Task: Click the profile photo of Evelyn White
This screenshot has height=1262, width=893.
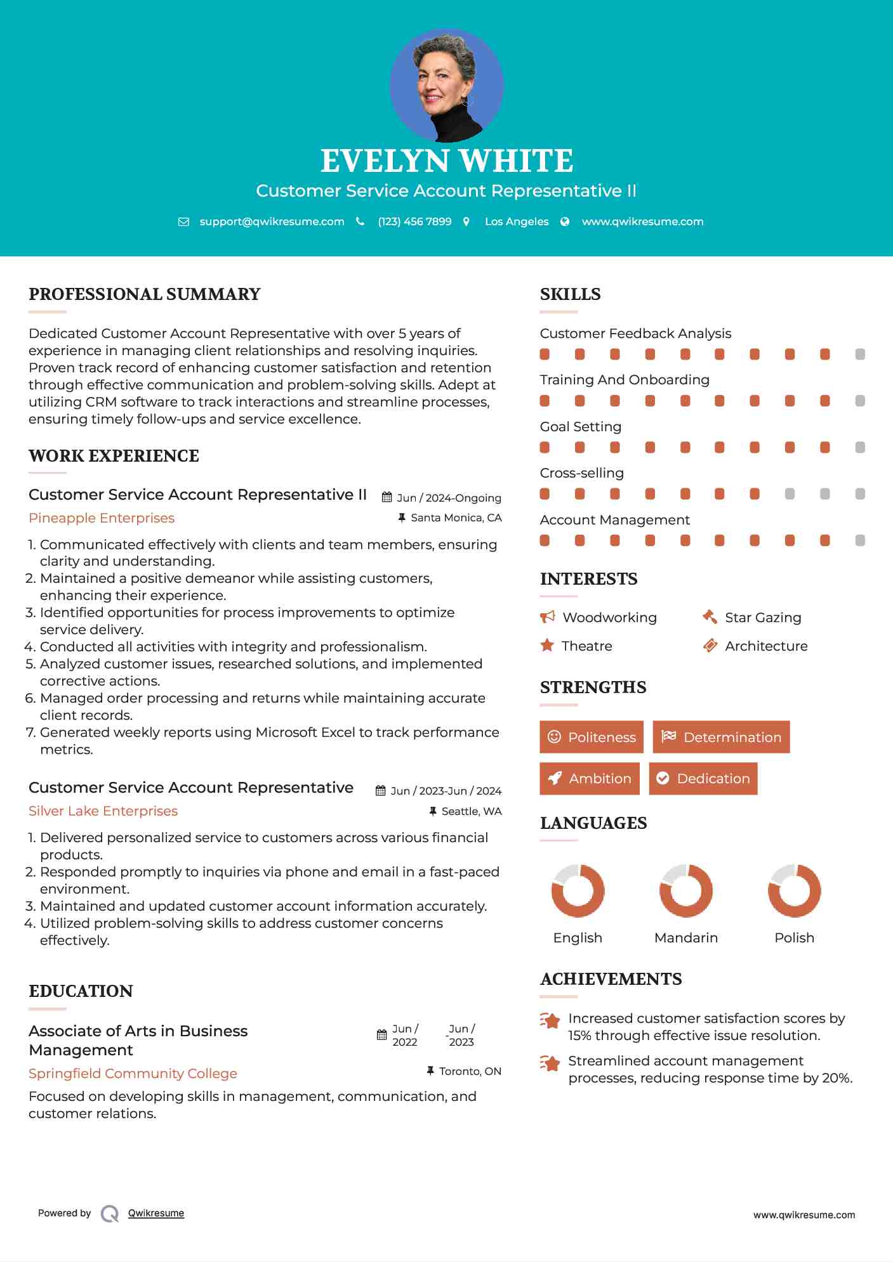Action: coord(446,85)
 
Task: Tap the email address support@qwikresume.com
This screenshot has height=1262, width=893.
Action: coord(272,221)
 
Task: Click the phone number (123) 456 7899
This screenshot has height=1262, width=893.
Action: coord(414,221)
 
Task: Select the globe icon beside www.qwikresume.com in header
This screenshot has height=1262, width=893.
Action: coord(565,221)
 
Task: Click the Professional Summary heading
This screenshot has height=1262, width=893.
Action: coord(145,294)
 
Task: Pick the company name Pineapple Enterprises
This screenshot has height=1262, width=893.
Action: coord(102,518)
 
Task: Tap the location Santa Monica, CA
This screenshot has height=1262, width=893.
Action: coord(456,518)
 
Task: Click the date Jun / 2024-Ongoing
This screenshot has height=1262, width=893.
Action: coord(449,498)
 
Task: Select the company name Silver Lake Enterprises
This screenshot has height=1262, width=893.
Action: coord(103,811)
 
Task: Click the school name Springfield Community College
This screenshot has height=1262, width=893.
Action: coord(133,1074)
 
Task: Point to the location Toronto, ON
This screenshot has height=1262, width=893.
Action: coord(470,1071)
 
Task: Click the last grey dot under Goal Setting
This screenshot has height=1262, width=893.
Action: coord(860,448)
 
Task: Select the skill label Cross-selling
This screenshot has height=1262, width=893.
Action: coord(581,473)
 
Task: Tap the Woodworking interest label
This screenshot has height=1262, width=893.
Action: coord(609,618)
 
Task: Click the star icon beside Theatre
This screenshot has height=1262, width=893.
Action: coord(547,646)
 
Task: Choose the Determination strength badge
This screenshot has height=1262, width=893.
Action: coord(721,737)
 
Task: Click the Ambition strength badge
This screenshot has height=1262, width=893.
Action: coord(590,779)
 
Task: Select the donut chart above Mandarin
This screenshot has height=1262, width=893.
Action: coord(686,890)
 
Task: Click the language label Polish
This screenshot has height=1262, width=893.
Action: coord(794,938)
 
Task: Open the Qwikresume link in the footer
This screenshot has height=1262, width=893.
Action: coord(156,1213)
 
